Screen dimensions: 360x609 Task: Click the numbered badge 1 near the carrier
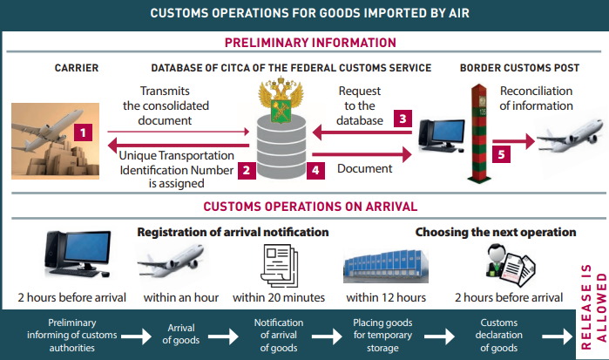click(82, 133)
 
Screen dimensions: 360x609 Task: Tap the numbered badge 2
click(247, 170)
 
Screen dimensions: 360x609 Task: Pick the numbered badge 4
click(316, 170)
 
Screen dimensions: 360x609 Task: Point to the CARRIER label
click(77, 67)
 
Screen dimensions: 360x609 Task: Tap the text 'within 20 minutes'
click(280, 297)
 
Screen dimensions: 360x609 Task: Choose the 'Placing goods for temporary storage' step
click(382, 336)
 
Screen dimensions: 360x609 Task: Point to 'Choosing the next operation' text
click(495, 233)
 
